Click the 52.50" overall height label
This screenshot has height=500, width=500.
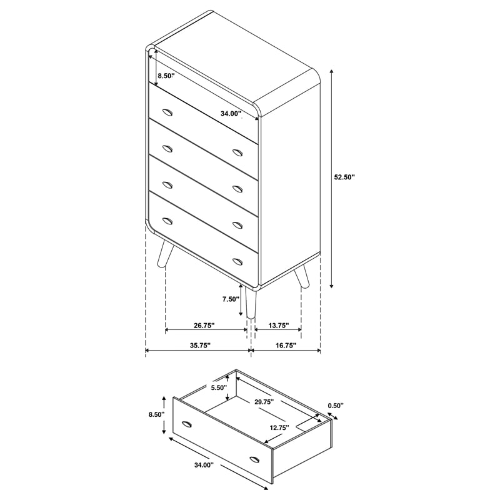(x=344, y=177)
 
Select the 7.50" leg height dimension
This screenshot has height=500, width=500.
(x=231, y=299)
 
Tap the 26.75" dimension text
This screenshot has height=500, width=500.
(x=204, y=326)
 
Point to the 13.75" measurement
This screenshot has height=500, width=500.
(x=278, y=326)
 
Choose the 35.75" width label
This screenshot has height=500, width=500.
(x=200, y=345)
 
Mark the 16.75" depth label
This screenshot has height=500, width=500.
(x=285, y=345)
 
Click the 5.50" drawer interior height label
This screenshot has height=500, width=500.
(x=218, y=388)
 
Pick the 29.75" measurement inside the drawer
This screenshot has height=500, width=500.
(x=265, y=403)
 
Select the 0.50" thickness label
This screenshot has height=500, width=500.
(x=336, y=406)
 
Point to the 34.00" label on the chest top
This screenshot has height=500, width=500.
(x=231, y=114)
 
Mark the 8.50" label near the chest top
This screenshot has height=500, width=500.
(x=166, y=76)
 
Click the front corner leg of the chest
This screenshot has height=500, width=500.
(x=251, y=304)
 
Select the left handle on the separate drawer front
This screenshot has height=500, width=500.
(x=187, y=426)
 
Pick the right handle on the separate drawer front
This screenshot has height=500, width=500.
(x=254, y=460)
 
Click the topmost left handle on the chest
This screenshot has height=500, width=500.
(x=167, y=112)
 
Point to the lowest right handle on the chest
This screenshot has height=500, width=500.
(x=237, y=261)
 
